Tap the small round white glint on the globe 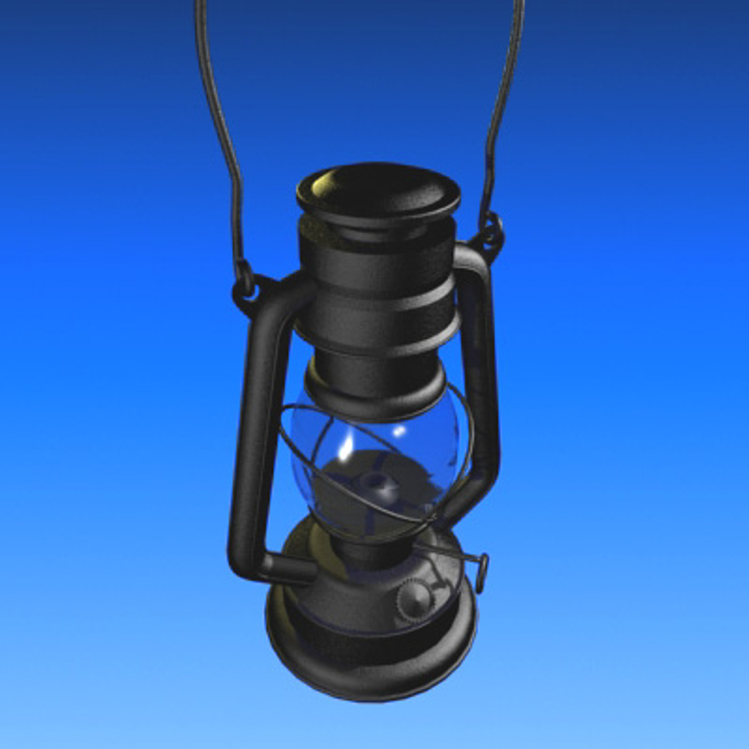399,431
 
